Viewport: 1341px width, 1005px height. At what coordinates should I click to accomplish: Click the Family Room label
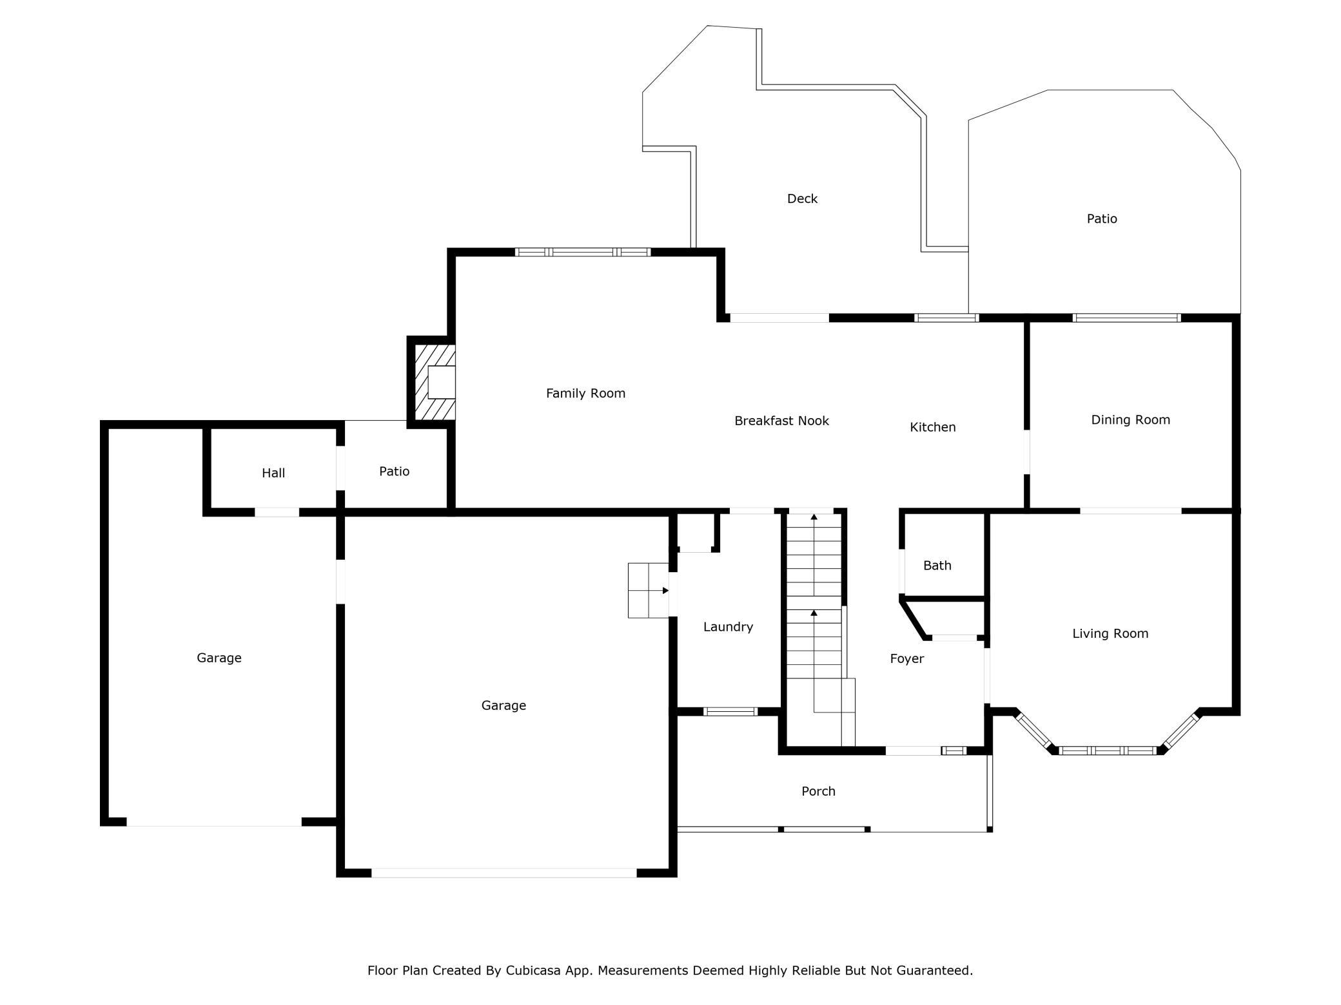(x=585, y=394)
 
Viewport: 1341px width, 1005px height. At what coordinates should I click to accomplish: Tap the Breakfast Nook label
(x=781, y=421)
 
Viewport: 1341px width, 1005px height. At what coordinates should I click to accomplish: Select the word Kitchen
(x=932, y=427)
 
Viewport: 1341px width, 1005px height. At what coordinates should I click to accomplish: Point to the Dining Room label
(x=1130, y=420)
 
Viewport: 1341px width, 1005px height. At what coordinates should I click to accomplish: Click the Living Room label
(x=1110, y=634)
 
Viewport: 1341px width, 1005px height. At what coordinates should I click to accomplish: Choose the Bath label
(x=937, y=566)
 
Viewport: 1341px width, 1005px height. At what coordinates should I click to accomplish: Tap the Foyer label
(x=906, y=659)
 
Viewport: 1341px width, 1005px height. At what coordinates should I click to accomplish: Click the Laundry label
(x=728, y=627)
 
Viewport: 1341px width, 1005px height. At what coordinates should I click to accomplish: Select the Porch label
(x=818, y=791)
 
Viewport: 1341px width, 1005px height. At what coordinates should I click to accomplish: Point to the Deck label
(x=802, y=199)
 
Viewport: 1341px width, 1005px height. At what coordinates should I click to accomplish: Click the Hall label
(x=273, y=474)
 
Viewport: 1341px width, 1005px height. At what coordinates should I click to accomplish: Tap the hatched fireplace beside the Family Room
(x=435, y=381)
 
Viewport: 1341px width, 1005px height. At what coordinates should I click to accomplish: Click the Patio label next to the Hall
(x=394, y=472)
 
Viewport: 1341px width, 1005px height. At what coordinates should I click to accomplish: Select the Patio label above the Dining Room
(x=1102, y=219)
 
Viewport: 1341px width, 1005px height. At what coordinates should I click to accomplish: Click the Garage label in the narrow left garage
(x=219, y=658)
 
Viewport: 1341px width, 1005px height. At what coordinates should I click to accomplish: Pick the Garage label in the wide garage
(x=504, y=705)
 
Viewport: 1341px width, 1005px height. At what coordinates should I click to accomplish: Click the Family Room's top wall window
(x=583, y=252)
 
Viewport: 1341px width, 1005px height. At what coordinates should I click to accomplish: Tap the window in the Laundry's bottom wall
(x=730, y=712)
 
